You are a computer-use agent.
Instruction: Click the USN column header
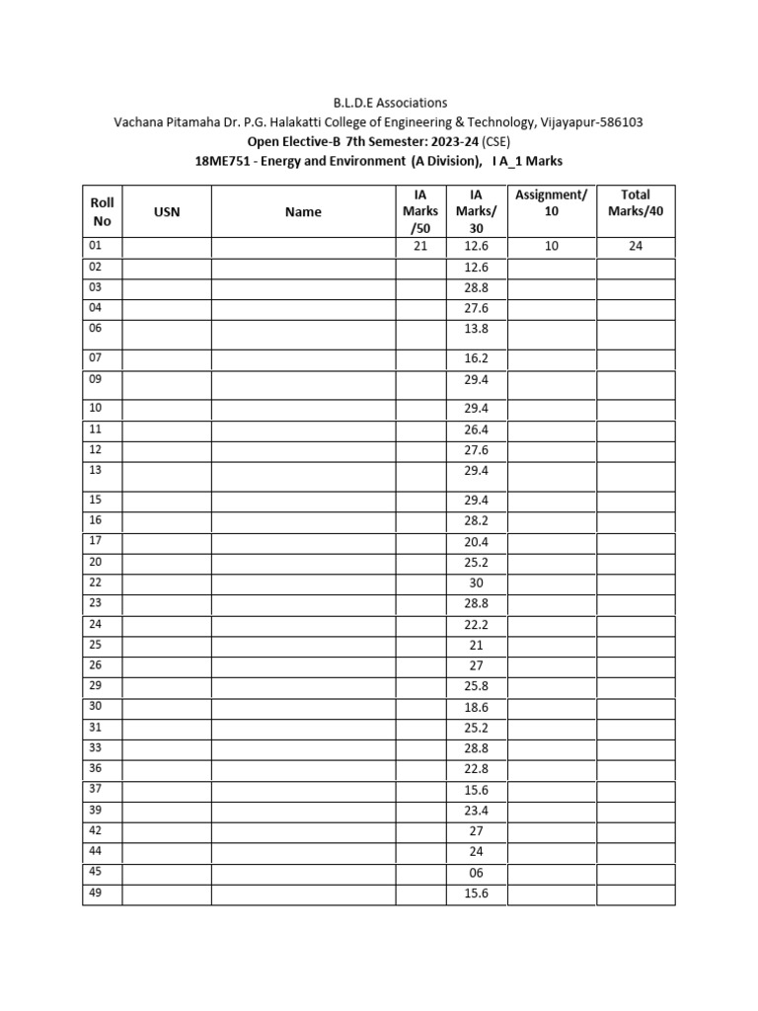pyautogui.click(x=167, y=211)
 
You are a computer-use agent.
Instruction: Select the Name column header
pyautogui.click(x=303, y=211)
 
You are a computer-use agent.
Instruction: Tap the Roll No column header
pyautogui.click(x=102, y=211)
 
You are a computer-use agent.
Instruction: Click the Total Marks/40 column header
pyautogui.click(x=636, y=203)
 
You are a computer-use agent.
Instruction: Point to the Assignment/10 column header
pyautogui.click(x=552, y=203)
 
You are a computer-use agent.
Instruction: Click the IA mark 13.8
pyautogui.click(x=477, y=329)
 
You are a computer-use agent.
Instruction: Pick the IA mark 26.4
pyautogui.click(x=477, y=429)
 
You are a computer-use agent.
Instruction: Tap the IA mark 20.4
pyautogui.click(x=477, y=542)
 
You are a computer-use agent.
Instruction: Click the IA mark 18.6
pyautogui.click(x=477, y=707)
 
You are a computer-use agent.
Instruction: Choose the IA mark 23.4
pyautogui.click(x=477, y=810)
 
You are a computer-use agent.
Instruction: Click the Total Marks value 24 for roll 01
pyautogui.click(x=636, y=247)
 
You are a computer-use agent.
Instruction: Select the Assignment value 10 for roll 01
pyautogui.click(x=552, y=247)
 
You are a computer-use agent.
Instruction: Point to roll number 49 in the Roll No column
pyautogui.click(x=97, y=893)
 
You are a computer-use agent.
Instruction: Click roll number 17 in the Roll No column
pyautogui.click(x=97, y=540)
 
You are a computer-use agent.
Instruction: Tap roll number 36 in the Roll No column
pyautogui.click(x=97, y=767)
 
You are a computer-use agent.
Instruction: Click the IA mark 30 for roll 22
pyautogui.click(x=477, y=583)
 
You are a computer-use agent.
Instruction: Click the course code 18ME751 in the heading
pyautogui.click(x=222, y=161)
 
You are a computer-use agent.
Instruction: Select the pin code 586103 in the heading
pyautogui.click(x=620, y=121)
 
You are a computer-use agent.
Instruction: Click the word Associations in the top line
pyautogui.click(x=402, y=102)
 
